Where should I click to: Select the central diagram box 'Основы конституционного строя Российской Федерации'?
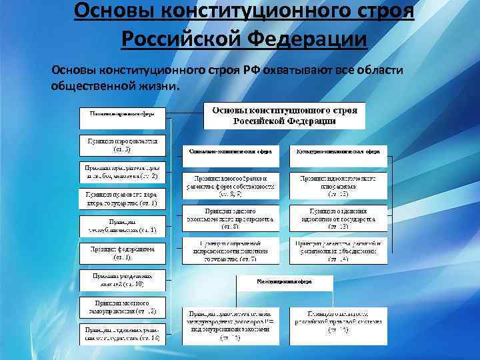point(284,116)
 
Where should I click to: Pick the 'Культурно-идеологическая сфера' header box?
point(338,152)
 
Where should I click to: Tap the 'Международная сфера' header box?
point(284,282)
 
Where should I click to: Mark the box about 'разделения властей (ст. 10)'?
point(122,279)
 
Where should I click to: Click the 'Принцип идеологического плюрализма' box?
point(338,185)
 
